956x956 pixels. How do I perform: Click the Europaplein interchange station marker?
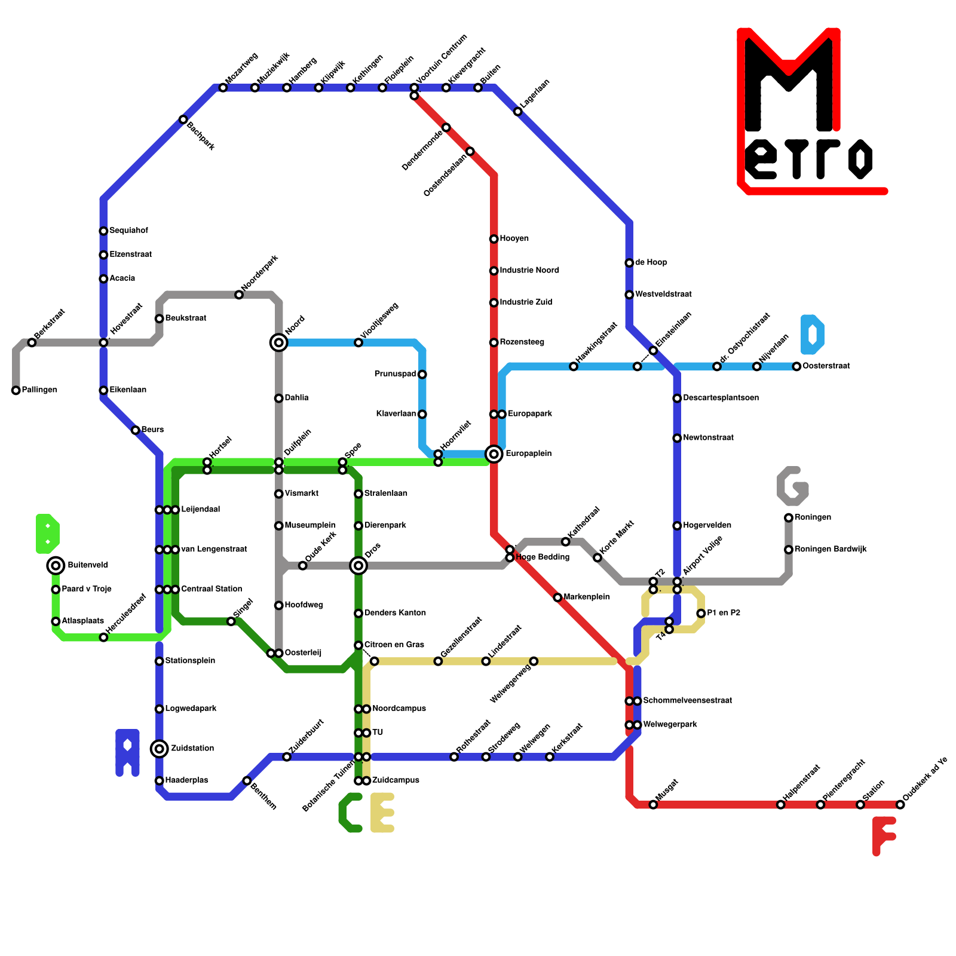point(494,454)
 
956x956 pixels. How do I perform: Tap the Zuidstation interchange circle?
point(160,749)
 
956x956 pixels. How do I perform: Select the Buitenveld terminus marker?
point(56,565)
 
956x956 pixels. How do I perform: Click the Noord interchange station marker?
point(278,342)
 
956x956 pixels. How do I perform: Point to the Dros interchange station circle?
point(358,565)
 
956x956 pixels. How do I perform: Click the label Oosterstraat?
point(826,366)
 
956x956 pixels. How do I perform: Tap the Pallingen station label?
point(39,390)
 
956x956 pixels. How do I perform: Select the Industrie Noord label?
point(529,271)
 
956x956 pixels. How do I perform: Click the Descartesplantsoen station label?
point(721,398)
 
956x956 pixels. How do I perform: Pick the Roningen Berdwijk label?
point(831,550)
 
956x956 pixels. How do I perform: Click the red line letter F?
point(883,835)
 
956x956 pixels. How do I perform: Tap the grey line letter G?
point(793,486)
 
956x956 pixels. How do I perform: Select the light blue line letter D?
point(812,335)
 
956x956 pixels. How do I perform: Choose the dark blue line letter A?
point(127,753)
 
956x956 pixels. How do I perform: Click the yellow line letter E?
point(382,813)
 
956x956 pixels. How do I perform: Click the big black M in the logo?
point(789,84)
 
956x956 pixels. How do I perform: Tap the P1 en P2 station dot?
point(701,614)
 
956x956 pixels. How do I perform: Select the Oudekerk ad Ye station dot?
point(900,805)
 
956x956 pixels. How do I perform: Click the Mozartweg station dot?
point(223,88)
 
